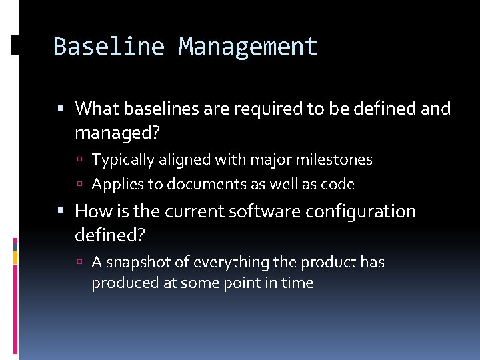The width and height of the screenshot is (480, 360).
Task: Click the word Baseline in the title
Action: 108,47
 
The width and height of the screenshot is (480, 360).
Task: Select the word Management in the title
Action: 248,47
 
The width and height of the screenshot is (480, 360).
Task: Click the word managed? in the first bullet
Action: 117,133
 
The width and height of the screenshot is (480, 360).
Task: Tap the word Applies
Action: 115,184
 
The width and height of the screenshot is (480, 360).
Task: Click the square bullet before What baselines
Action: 61,109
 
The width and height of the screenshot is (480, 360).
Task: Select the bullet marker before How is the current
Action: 61,212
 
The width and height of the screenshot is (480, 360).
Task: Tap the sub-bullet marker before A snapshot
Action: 80,263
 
